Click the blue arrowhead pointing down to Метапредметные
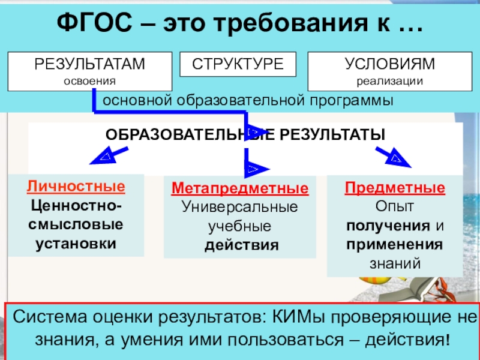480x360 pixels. pos(254,170)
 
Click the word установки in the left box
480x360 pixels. pos(76,244)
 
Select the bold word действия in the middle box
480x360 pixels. pos(240,245)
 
